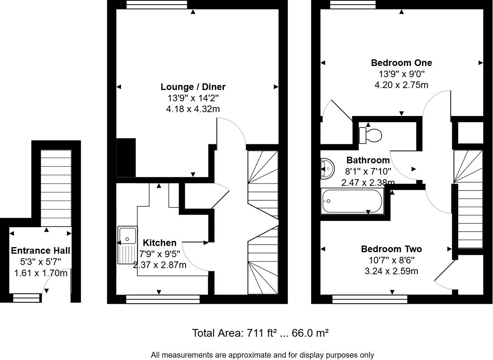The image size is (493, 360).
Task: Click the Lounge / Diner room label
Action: click(x=193, y=87)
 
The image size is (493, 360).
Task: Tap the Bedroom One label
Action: click(x=401, y=63)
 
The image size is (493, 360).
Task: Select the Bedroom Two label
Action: click(x=391, y=249)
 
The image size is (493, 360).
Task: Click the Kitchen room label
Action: click(x=160, y=243)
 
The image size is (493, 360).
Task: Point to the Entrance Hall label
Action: click(x=40, y=251)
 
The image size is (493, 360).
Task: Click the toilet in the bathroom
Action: click(x=371, y=135)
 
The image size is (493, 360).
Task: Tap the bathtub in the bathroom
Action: click(x=352, y=201)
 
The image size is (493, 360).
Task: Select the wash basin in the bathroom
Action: click(x=327, y=168)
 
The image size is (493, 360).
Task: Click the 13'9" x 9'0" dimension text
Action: click(x=401, y=74)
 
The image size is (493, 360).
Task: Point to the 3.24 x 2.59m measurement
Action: click(x=391, y=271)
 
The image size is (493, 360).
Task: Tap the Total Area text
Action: click(x=260, y=333)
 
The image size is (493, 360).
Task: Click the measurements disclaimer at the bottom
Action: click(x=262, y=355)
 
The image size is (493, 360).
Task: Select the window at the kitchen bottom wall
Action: click(x=163, y=299)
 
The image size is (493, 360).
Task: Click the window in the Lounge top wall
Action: click(x=157, y=4)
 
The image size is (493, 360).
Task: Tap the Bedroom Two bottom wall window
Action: click(x=370, y=299)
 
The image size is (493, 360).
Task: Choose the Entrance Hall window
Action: click(x=26, y=298)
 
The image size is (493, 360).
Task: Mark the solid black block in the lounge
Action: click(x=126, y=157)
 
